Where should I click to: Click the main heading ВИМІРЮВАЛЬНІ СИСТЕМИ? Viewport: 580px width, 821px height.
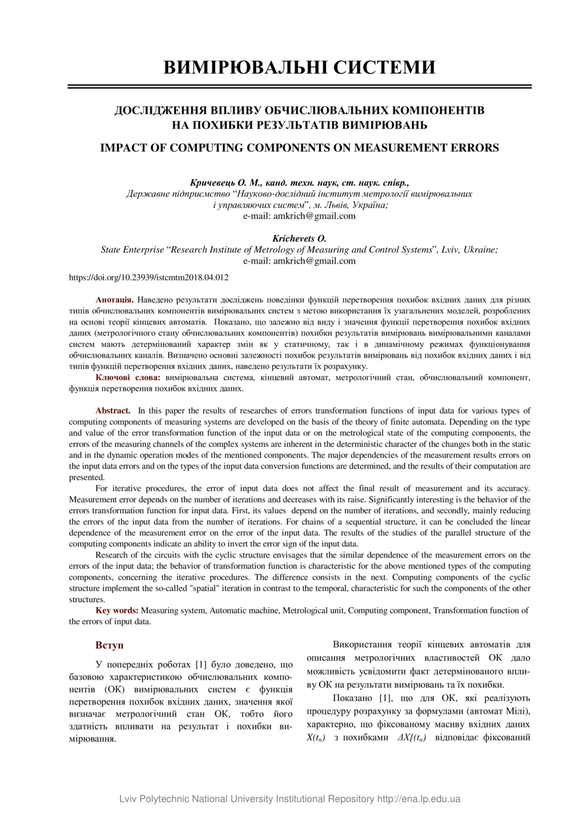tap(299, 68)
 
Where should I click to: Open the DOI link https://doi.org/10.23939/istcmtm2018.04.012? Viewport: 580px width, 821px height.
tap(149, 278)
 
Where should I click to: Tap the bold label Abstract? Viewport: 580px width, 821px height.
tap(113, 411)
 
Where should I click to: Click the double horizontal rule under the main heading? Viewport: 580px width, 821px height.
tap(299, 86)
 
